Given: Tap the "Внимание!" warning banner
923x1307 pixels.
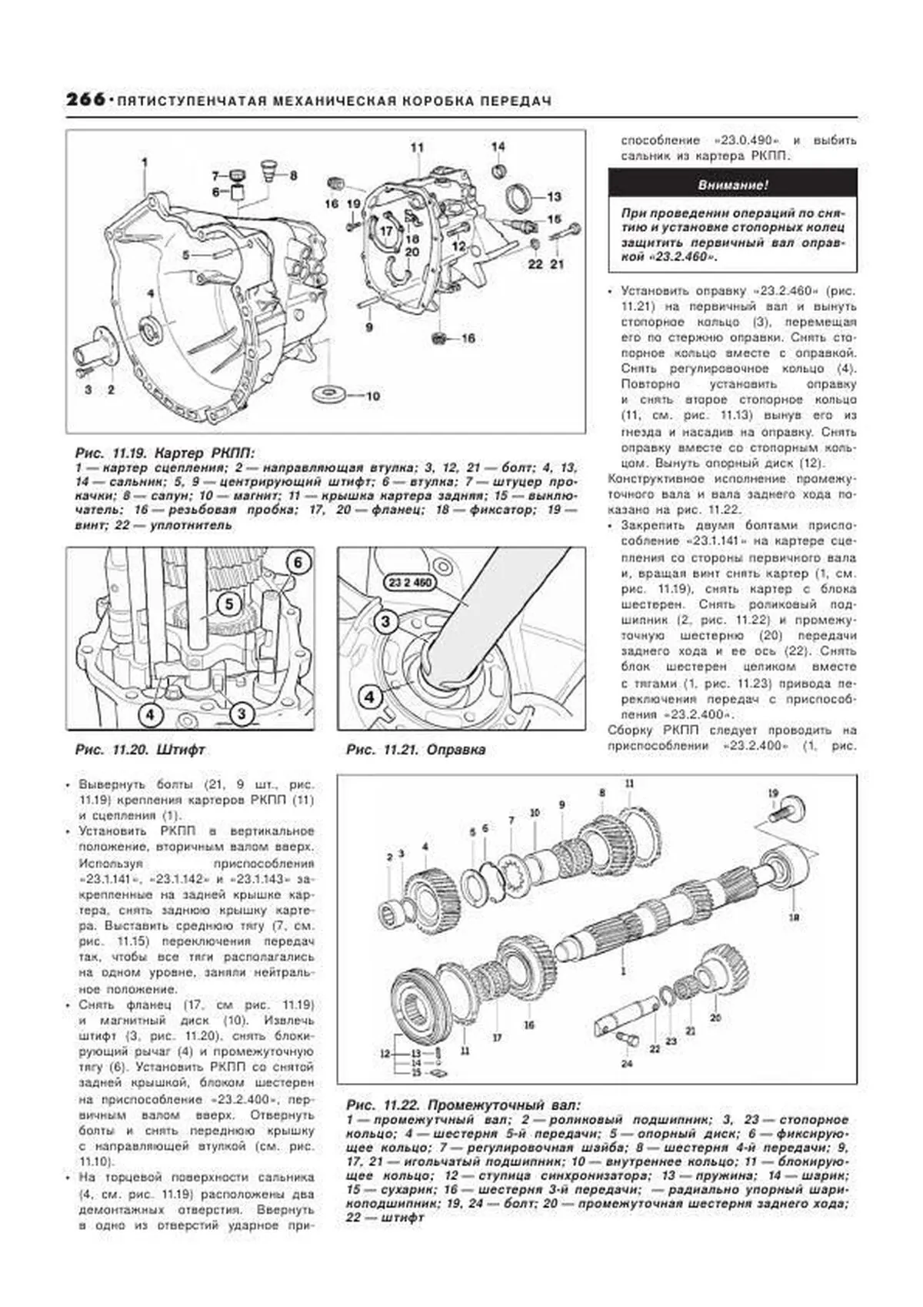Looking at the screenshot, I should tap(732, 186).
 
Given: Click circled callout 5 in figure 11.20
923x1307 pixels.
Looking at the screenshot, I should tap(229, 605).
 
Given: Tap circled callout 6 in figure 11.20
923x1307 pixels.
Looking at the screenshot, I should tap(298, 563).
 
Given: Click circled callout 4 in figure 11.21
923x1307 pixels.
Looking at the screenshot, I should tap(370, 697).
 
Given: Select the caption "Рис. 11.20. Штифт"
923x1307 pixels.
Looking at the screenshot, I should tap(140, 749).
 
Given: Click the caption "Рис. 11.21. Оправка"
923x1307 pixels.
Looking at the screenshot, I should tap(415, 749).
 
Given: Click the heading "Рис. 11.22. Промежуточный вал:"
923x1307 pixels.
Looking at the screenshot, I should tap(463, 1104).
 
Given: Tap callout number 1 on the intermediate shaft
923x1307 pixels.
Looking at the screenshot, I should tap(623, 971).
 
